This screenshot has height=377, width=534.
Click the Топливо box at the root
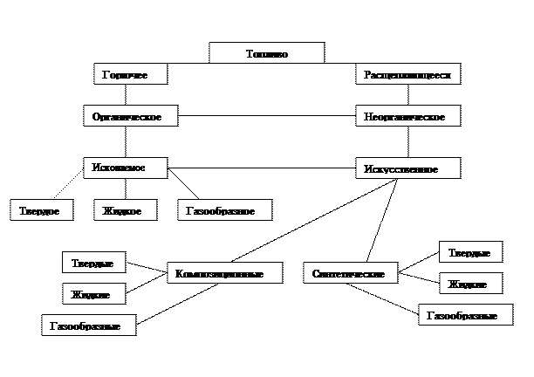click(266, 53)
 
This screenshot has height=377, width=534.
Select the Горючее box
click(130, 75)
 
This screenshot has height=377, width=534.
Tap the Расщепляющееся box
click(407, 75)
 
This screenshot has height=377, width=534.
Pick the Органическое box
click(130, 116)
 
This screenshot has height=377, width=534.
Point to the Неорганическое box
click(407, 116)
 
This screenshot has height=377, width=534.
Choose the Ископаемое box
click(125, 168)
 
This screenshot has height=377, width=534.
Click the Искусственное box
click(407, 168)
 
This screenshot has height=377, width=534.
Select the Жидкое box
click(125, 210)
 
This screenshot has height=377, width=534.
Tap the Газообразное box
click(224, 210)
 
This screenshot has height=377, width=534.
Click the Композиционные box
click(224, 273)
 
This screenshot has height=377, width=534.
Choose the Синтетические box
click(349, 273)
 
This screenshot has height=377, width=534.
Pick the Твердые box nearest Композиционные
click(93, 263)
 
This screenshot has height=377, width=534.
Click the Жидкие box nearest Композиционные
click(93, 294)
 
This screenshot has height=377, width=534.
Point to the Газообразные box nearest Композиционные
click(88, 326)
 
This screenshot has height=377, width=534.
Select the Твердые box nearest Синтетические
click(470, 252)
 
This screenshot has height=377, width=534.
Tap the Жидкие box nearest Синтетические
click(470, 284)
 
